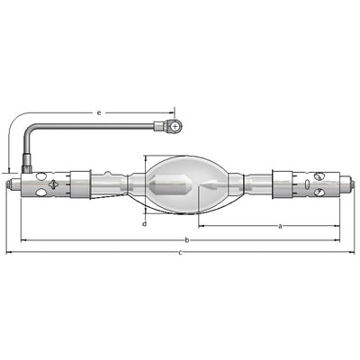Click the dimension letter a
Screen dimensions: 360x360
pyautogui.click(x=280, y=226)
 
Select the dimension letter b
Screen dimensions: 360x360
pyautogui.click(x=186, y=240)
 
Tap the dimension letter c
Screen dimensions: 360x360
pyautogui.click(x=180, y=253)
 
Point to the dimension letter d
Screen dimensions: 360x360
pyautogui.click(x=145, y=224)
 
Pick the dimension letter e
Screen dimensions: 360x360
pyautogui.click(x=99, y=113)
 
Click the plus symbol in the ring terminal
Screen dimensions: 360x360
pyautogui.click(x=175, y=127)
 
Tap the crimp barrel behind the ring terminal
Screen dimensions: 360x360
pyautogui.click(x=158, y=126)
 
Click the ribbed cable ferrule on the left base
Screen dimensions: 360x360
pyautogui.click(x=27, y=164)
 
